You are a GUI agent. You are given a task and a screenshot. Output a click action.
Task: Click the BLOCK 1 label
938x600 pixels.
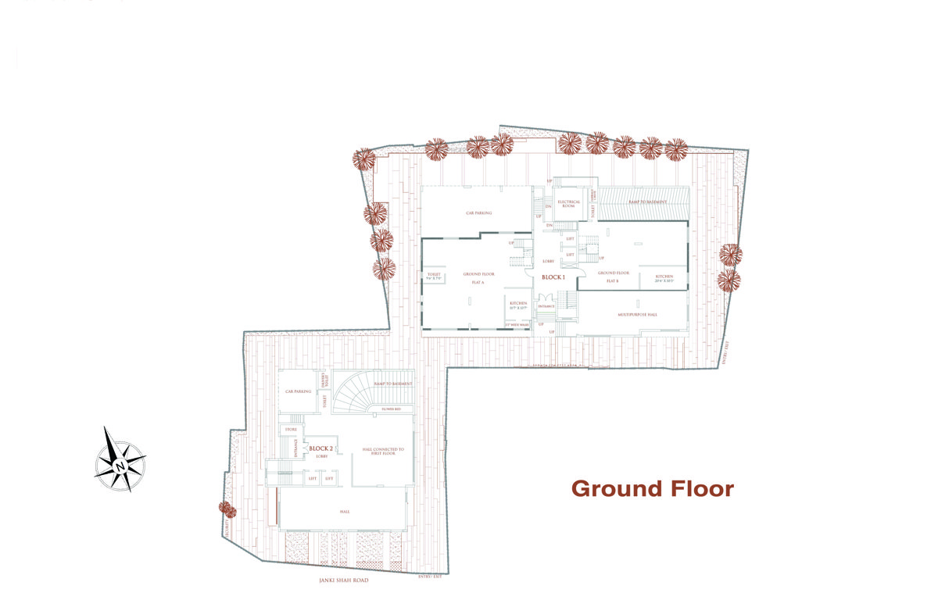point(553,277)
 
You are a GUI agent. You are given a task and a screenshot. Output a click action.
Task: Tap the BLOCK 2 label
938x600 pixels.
point(321,448)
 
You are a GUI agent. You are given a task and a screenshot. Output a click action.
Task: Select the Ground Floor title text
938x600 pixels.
point(653,489)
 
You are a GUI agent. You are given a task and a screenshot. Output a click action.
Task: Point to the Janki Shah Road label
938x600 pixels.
point(344,580)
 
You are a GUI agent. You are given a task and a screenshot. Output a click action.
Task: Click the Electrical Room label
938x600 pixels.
point(568,204)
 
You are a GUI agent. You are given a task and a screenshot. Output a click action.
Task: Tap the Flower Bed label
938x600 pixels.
point(392,408)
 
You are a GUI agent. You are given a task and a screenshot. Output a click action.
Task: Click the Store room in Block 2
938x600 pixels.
point(291,429)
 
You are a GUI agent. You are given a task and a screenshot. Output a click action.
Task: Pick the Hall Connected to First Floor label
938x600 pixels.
point(383,452)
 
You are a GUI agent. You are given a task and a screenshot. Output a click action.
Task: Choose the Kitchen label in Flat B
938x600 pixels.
point(664,277)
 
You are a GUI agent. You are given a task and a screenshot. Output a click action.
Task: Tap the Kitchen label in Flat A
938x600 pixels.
point(518,305)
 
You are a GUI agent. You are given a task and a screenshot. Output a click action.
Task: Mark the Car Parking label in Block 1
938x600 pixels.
point(478,212)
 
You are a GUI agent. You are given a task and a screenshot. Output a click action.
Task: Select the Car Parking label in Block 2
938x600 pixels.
point(298,391)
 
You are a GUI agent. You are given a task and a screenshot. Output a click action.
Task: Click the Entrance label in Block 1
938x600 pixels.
point(546,306)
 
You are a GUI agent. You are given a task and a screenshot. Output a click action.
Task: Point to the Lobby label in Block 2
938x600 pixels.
point(321,455)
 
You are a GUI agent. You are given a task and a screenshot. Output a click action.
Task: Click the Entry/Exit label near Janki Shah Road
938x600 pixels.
point(430,576)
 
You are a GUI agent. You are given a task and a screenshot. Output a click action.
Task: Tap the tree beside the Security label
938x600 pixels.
point(227,509)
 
